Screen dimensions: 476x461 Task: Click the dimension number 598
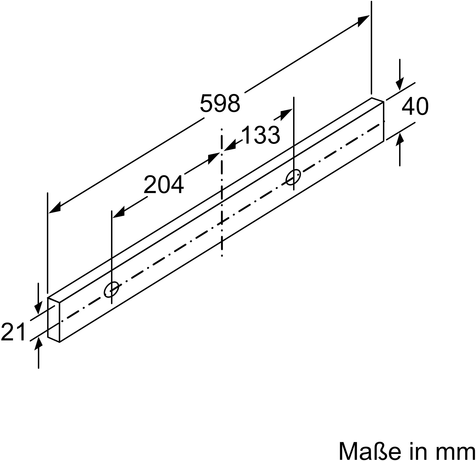220,103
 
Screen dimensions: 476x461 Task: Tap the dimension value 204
164,185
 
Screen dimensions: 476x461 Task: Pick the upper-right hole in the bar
293,177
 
